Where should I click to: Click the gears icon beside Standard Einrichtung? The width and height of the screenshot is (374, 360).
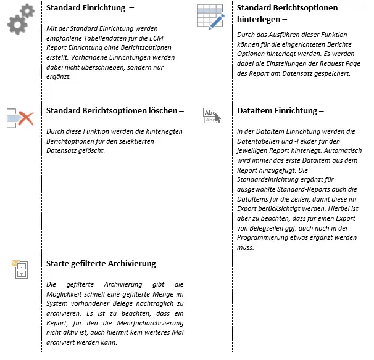point(22,21)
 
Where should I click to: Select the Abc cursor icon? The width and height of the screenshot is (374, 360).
point(210,115)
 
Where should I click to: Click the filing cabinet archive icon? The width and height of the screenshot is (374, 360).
point(20,268)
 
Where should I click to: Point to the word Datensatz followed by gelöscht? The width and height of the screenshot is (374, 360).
point(64,150)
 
